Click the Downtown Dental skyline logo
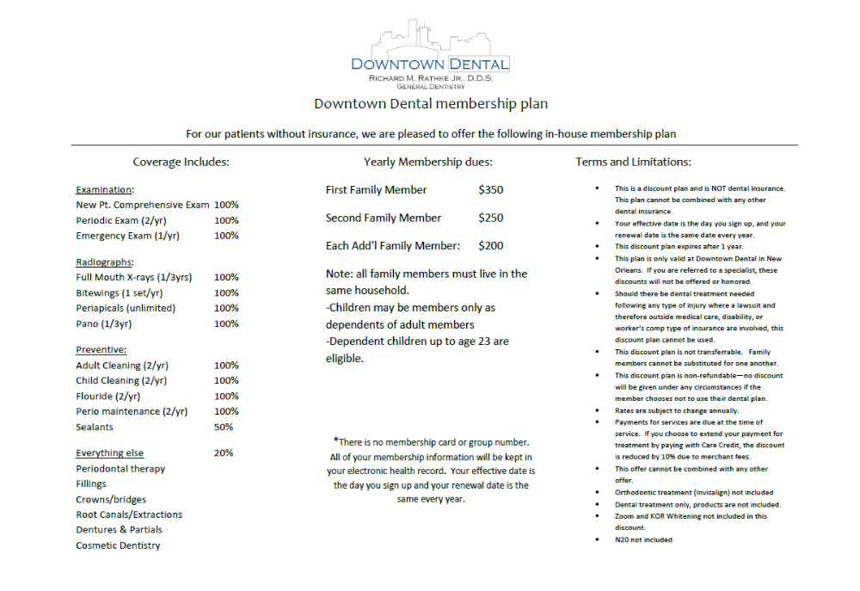click(429, 53)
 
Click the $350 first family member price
click(491, 190)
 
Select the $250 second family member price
click(491, 219)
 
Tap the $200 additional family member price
click(491, 246)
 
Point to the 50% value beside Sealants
click(224, 428)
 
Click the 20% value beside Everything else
click(224, 453)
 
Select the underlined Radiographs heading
click(104, 262)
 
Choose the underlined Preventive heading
click(101, 350)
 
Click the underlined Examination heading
click(105, 190)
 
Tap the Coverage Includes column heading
click(181, 162)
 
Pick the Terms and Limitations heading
click(633, 162)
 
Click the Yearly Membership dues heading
click(428, 162)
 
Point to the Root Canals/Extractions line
click(129, 514)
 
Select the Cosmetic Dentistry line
click(118, 545)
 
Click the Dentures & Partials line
click(119, 530)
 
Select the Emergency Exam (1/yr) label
click(127, 236)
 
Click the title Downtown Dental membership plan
click(430, 104)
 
